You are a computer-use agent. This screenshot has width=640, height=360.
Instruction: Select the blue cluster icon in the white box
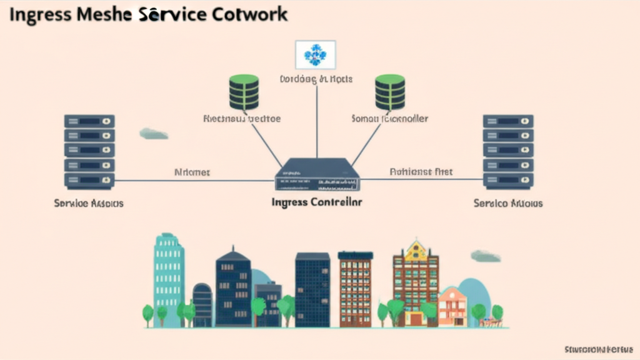315,55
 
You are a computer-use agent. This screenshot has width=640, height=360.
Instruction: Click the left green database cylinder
244,92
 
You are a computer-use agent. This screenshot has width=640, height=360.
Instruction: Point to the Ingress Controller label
317,202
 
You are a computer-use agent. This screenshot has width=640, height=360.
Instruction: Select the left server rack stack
89,152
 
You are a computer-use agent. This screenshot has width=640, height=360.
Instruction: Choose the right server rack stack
507,152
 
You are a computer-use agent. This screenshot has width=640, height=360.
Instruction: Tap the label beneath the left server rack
89,203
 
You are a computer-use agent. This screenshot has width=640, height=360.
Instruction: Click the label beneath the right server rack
507,203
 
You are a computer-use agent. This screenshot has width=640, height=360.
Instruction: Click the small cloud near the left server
154,133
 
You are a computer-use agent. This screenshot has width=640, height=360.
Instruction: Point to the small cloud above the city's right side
486,256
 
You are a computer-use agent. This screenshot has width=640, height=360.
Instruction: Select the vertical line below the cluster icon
317,119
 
